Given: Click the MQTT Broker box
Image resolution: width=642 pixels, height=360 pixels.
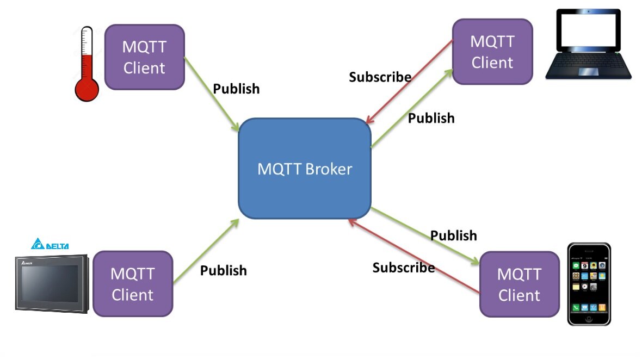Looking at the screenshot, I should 305,169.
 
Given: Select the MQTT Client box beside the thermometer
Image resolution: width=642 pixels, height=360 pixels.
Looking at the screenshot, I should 144,57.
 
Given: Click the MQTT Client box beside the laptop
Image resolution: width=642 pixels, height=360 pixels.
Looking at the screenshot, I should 492,52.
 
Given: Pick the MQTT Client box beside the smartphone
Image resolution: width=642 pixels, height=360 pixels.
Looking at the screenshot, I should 519,284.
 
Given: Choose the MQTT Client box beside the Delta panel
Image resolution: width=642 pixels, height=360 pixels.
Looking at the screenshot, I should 133,283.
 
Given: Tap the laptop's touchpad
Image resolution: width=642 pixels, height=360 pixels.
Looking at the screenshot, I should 589,72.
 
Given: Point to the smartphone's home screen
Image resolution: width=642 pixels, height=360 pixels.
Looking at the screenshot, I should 589,283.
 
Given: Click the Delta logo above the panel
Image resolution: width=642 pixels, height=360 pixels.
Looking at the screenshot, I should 50,245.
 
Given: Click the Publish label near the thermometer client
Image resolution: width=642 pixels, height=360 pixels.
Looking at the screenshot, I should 236,89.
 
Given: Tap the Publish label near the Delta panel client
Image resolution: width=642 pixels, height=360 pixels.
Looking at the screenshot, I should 223,270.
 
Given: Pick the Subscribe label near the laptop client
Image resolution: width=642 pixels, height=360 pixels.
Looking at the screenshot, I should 380,77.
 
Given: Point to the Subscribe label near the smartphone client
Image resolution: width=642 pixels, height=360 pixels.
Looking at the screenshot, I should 403,268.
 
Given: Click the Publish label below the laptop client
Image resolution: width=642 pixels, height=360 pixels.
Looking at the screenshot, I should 431,118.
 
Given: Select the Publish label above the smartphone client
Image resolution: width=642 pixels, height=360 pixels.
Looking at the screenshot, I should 453,235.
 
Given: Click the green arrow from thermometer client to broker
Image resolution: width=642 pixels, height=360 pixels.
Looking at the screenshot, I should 212,94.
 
